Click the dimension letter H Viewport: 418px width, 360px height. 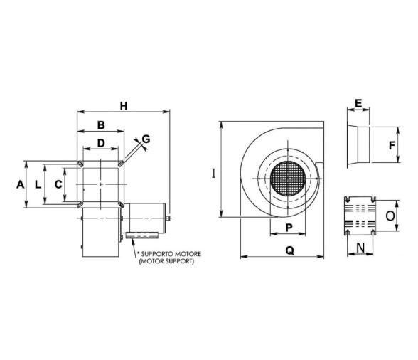click(x=124, y=106)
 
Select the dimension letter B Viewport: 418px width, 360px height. click(x=101, y=125)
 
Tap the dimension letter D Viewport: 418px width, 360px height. click(x=101, y=143)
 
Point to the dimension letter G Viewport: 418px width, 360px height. click(x=146, y=139)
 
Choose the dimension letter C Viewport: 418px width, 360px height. click(x=58, y=184)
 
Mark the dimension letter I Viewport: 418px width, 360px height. click(x=213, y=171)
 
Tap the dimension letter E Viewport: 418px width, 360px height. click(x=359, y=103)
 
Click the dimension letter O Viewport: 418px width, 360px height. click(x=390, y=213)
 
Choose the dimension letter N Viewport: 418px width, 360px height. click(x=360, y=248)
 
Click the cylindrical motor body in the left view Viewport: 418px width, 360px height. click(x=144, y=216)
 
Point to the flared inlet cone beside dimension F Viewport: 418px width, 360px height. click(x=360, y=146)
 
